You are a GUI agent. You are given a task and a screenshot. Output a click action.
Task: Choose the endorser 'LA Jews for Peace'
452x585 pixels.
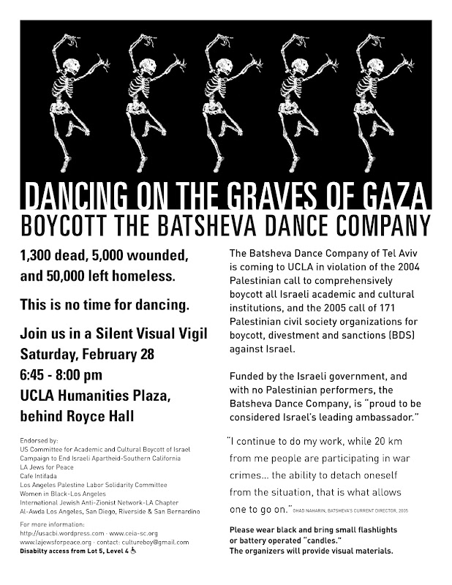tap(50, 466)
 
